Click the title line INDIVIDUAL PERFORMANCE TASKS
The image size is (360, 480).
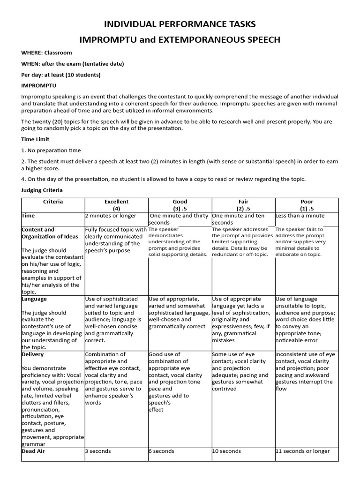pyautogui.click(x=180, y=24)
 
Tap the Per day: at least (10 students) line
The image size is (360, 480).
pyautogui.click(x=61, y=75)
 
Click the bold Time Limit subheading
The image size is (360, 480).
pyautogui.click(x=35, y=139)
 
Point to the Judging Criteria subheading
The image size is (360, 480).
pyautogui.click(x=42, y=190)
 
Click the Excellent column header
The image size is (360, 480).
pyautogui.click(x=116, y=205)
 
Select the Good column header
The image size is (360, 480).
pyautogui.click(x=180, y=205)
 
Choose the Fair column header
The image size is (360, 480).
pyautogui.click(x=243, y=205)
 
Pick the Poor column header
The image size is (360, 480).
pyautogui.click(x=307, y=205)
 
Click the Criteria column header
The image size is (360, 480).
pyautogui.click(x=52, y=202)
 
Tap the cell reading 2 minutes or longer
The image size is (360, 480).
pyautogui.click(x=111, y=216)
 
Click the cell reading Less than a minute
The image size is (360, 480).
pyautogui.click(x=300, y=216)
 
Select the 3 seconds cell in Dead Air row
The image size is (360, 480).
pyautogui.click(x=98, y=451)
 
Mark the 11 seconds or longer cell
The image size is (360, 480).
pyautogui.click(x=303, y=451)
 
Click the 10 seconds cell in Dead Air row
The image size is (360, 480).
pyautogui.click(x=226, y=451)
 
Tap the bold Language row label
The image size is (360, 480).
pyautogui.click(x=34, y=299)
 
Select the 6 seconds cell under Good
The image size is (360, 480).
pyautogui.click(x=161, y=451)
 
